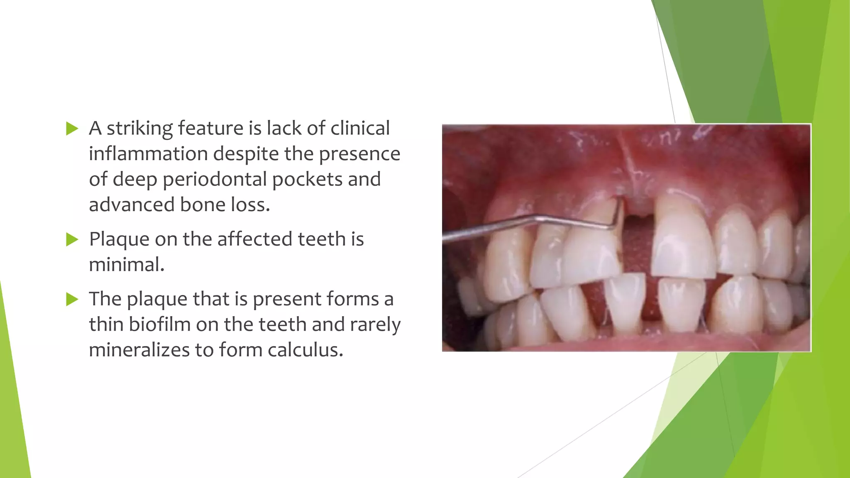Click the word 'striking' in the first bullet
coord(140,129)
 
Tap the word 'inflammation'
coord(148,154)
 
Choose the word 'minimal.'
coord(127,265)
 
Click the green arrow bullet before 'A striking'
coord(72,129)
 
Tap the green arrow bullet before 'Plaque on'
coord(72,239)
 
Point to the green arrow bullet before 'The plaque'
coord(72,299)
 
